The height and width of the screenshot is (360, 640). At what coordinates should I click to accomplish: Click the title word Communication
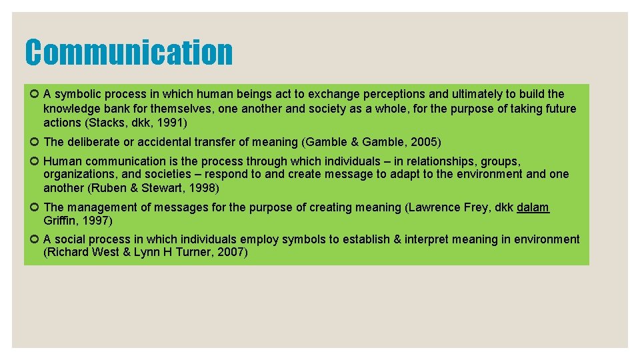click(129, 52)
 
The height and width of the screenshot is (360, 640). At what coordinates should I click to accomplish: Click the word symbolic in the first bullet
click(77, 94)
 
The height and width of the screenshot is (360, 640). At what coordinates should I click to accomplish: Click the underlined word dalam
click(533, 207)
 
